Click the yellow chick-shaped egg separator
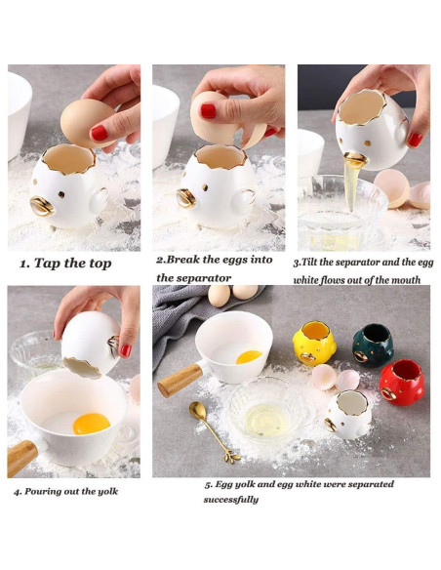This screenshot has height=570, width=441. (312, 343)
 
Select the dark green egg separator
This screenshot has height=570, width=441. (373, 346)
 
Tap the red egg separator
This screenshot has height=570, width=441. (402, 382)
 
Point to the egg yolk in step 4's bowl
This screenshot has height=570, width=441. (91, 424)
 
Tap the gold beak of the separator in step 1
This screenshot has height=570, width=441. (42, 206)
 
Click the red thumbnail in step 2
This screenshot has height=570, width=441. (208, 111)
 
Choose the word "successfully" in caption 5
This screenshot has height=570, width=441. (231, 500)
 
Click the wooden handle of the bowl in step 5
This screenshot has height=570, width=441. (180, 380)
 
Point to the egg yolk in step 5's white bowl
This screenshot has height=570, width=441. (249, 357)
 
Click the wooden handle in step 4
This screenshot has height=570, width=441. (21, 458)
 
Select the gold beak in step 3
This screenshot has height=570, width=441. (355, 160)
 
